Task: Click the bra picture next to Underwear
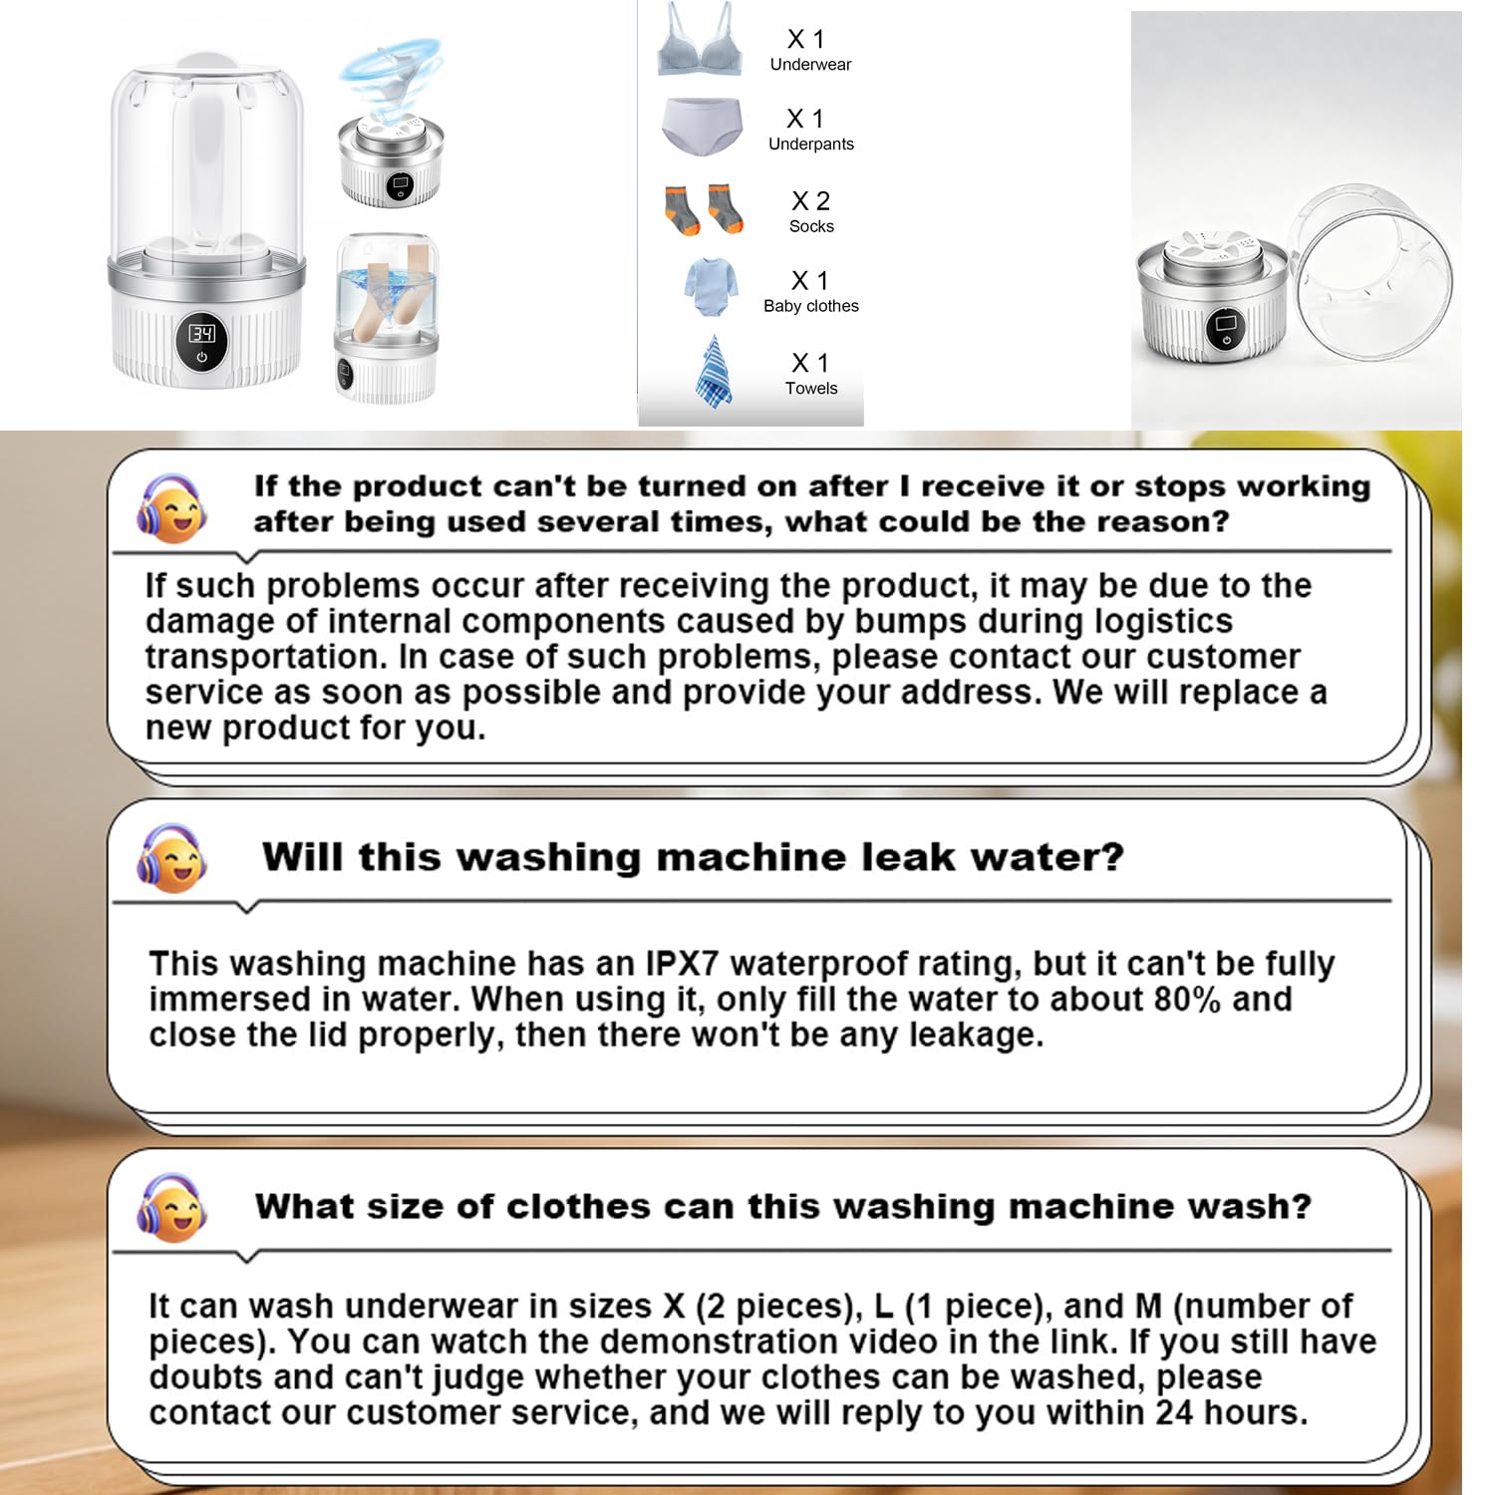click(699, 42)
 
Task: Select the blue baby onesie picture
click(711, 287)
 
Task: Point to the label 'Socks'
click(811, 226)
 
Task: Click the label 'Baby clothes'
click(811, 306)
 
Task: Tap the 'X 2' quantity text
click(810, 200)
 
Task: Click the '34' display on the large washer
click(202, 333)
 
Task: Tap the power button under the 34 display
click(202, 357)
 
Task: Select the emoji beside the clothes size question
click(171, 1207)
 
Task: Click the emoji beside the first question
click(171, 508)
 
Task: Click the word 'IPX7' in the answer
click(682, 964)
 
